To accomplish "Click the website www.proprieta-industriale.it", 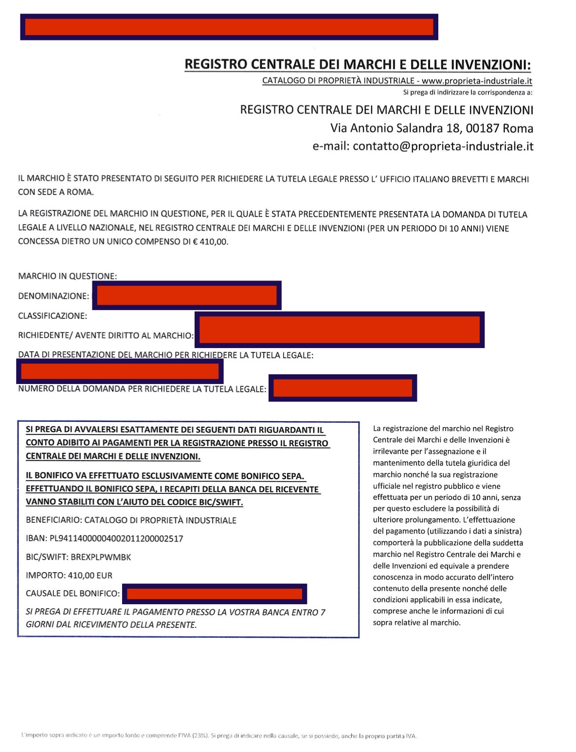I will point(477,81).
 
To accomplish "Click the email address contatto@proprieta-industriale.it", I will point(443,146).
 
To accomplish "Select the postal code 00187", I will point(482,128).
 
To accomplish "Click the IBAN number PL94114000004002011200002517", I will point(116,539).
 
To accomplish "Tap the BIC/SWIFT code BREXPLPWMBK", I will point(101,557).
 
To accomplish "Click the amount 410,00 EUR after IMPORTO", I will point(90,576).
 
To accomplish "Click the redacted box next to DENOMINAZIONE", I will point(186,296).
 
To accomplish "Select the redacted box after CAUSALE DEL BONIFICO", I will point(214,594).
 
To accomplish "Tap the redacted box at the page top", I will point(229,27).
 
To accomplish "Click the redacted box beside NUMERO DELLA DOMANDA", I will point(342,388).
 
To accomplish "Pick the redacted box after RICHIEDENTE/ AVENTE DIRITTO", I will point(339,330).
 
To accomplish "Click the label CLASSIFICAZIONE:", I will point(53,316).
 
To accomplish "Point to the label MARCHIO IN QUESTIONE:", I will point(67,276).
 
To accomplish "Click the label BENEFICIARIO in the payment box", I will point(53,520).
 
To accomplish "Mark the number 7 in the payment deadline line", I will point(323,612).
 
